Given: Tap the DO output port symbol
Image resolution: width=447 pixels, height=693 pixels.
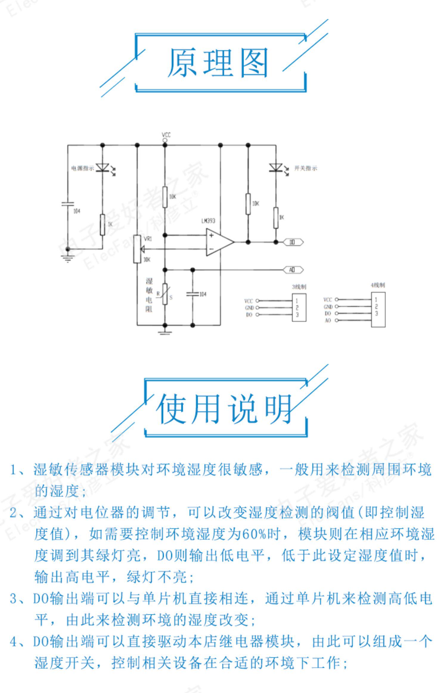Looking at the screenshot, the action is point(293,242).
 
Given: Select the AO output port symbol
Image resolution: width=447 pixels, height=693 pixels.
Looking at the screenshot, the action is point(293,270).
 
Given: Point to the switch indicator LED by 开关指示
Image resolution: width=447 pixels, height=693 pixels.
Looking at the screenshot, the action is point(276,168).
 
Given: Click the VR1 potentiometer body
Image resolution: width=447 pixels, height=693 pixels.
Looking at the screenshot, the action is point(137,249).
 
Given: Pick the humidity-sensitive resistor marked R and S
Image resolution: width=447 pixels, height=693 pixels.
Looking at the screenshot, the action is point(165,294).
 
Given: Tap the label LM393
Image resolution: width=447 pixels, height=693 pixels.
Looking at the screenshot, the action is point(208,221).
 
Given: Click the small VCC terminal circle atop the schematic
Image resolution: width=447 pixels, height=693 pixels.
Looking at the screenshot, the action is point(165,140).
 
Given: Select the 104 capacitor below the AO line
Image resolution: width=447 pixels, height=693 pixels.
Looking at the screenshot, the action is point(193,294).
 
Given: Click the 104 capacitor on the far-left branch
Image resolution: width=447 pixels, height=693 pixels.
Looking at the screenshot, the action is point(68,204).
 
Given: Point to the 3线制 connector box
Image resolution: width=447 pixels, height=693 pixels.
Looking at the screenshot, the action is point(299,307).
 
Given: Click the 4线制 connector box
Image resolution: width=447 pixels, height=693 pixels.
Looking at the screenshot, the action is point(378,309).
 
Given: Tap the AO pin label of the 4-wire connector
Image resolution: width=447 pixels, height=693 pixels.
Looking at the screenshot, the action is point(328,321).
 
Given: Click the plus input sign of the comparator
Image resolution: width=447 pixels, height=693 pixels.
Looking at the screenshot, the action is point(211,235).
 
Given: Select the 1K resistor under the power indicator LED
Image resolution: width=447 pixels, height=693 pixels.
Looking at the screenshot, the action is point(103,224).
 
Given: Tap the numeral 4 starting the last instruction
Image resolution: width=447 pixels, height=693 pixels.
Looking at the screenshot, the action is point(13,641).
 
